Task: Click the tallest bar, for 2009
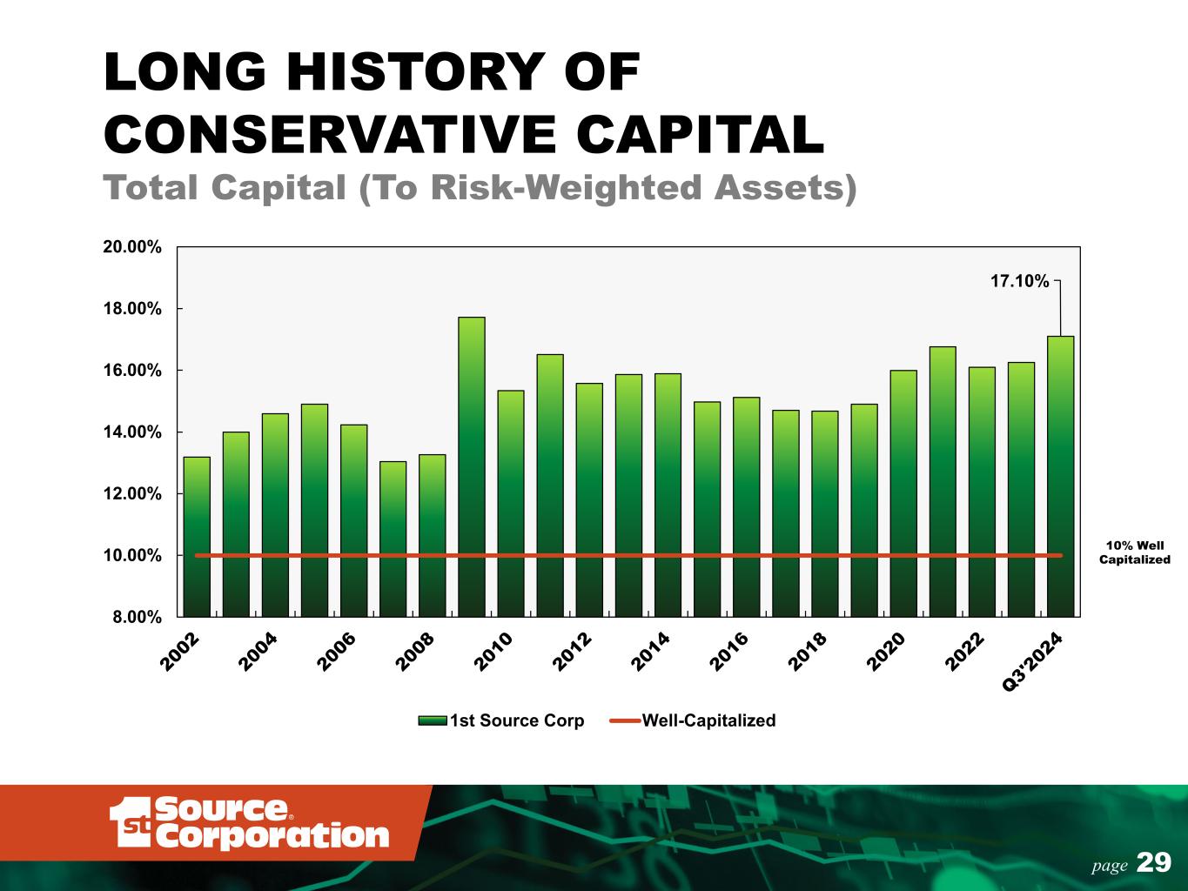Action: [472, 467]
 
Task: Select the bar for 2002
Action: [197, 537]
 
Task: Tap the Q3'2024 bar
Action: [1061, 477]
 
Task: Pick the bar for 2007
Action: [393, 539]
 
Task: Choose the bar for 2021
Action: [943, 481]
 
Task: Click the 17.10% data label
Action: [1020, 281]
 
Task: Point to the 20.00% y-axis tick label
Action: [132, 247]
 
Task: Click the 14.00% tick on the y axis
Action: [132, 432]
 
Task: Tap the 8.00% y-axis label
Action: [137, 617]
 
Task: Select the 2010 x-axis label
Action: [493, 652]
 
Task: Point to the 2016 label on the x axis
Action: [729, 652]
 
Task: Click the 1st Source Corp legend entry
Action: [501, 720]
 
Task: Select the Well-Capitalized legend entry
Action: [693, 720]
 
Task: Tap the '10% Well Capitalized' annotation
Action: [1134, 553]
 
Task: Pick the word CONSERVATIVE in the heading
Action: [330, 134]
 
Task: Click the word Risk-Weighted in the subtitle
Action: [567, 188]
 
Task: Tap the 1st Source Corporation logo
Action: [249, 822]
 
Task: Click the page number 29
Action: [1154, 862]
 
